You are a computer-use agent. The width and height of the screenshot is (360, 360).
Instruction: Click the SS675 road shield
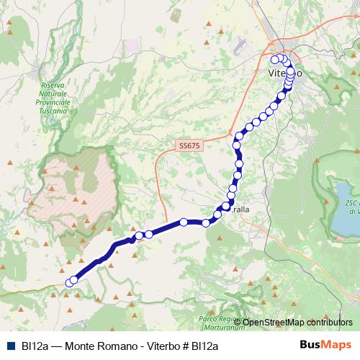190,145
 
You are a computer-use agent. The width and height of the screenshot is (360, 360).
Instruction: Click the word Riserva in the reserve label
54,85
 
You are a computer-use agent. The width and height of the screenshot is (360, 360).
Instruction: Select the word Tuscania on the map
54,112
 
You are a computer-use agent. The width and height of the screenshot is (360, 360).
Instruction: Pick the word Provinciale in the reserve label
54,103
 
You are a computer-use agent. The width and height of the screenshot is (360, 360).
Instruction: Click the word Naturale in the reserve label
54,94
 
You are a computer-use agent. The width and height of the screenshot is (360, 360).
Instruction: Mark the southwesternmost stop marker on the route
70,283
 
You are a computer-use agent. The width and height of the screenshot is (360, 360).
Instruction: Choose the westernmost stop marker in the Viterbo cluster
274,59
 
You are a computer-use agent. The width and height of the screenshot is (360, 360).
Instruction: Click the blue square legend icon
10,346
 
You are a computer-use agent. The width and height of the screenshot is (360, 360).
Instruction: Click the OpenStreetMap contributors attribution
297,321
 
